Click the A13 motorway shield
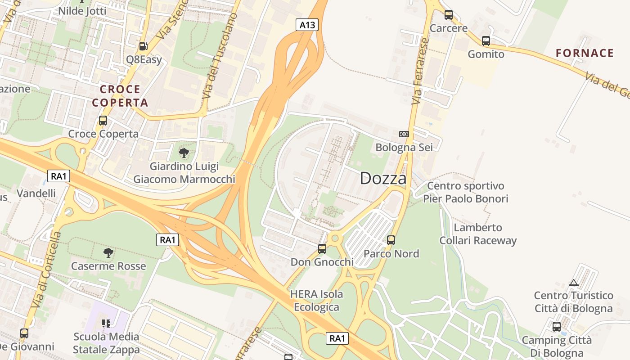(x=307, y=25)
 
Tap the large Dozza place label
(x=383, y=179)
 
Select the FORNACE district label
(x=585, y=53)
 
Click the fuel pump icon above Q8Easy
(x=143, y=46)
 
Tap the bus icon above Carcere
(x=448, y=15)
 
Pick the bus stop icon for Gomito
(x=486, y=41)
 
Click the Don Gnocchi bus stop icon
(x=322, y=248)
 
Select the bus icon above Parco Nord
(x=391, y=240)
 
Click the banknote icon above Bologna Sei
(x=404, y=134)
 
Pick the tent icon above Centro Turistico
(x=573, y=283)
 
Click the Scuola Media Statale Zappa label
(x=106, y=343)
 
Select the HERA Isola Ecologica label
(x=316, y=301)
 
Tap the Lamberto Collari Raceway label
(x=478, y=234)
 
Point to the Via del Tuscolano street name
(x=219, y=56)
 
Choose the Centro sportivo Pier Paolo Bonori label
(x=465, y=192)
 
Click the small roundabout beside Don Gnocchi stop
(x=334, y=238)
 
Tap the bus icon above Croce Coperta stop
(x=103, y=121)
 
